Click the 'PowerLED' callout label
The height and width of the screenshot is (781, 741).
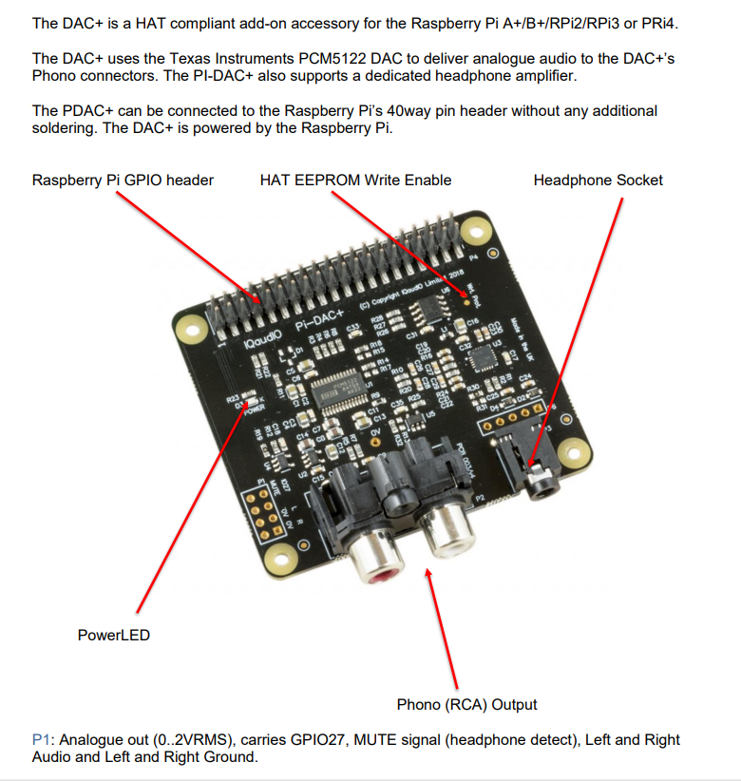pos(113,635)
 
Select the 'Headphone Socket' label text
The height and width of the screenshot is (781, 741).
pos(598,180)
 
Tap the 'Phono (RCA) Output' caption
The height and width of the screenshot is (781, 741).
pos(466,704)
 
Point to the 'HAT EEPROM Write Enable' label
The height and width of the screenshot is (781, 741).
pos(355,180)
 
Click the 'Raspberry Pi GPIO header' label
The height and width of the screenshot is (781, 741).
pos(123,180)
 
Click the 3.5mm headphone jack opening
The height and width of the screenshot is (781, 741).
pos(542,484)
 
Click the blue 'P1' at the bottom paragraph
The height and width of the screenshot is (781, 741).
pos(41,739)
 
